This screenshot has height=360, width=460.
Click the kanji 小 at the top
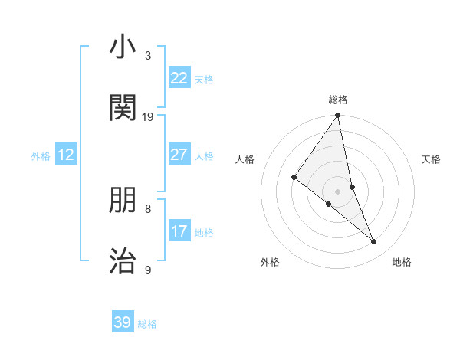pyautogui.click(x=123, y=47)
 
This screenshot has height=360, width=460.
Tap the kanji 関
pyautogui.click(x=123, y=108)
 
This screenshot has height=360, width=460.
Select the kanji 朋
pyautogui.click(x=123, y=200)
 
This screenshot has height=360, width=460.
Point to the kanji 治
pyautogui.click(x=123, y=260)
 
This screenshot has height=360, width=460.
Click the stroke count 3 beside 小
pyautogui.click(x=148, y=56)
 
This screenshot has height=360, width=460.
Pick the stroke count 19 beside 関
pyautogui.click(x=148, y=116)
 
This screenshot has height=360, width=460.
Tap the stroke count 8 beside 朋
pyautogui.click(x=148, y=208)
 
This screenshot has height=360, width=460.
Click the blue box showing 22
pyautogui.click(x=179, y=78)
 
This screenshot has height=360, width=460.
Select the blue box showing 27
pyautogui.click(x=179, y=155)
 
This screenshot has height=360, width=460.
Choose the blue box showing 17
pyautogui.click(x=179, y=231)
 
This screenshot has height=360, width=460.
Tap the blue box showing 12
pyautogui.click(x=66, y=155)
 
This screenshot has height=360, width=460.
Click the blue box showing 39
pyautogui.click(x=123, y=322)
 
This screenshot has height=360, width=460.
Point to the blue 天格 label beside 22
pyautogui.click(x=204, y=80)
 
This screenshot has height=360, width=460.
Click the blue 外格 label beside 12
pyautogui.click(x=41, y=156)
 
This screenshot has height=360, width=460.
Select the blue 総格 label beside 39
pyautogui.click(x=147, y=324)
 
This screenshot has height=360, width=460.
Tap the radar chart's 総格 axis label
pyautogui.click(x=338, y=100)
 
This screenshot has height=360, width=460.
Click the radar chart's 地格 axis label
pyautogui.click(x=402, y=262)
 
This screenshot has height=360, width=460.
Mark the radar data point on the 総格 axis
pyautogui.click(x=338, y=116)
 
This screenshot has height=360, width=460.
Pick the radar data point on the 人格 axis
pyautogui.click(x=294, y=178)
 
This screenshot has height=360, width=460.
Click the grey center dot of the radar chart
pyautogui.click(x=338, y=191)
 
